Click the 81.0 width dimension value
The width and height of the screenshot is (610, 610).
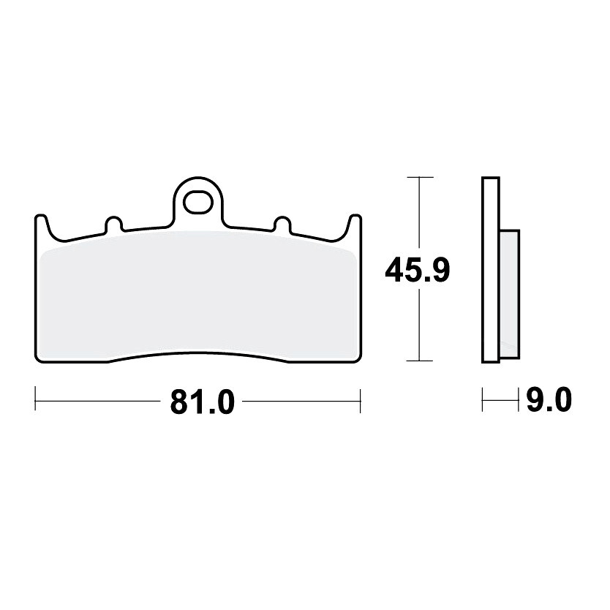(203, 401)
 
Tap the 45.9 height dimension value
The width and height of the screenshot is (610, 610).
(417, 270)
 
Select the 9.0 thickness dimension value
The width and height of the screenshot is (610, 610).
(549, 399)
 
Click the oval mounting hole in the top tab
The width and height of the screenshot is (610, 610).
(198, 203)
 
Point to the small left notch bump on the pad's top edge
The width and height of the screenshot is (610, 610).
(113, 224)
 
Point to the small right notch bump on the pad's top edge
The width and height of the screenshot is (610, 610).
(282, 224)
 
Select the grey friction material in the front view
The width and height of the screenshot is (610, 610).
(198, 295)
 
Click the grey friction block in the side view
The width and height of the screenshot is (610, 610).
(509, 294)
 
